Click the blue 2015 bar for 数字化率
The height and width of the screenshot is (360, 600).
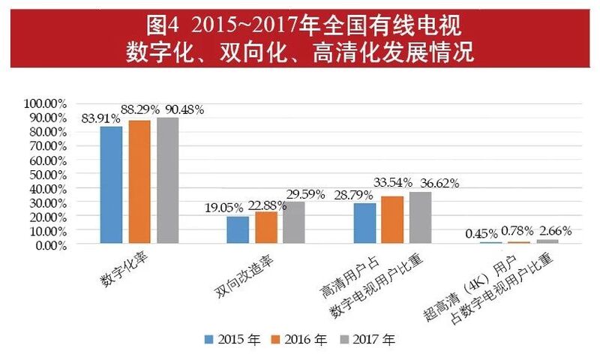pos(111,184)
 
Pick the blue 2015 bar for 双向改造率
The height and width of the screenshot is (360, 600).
pos(238,230)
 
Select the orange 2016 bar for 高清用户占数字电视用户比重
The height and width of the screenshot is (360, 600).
pos(392,220)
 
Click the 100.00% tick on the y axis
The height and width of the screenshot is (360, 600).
pos(46,103)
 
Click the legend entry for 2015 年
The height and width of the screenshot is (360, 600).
pos(232,340)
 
